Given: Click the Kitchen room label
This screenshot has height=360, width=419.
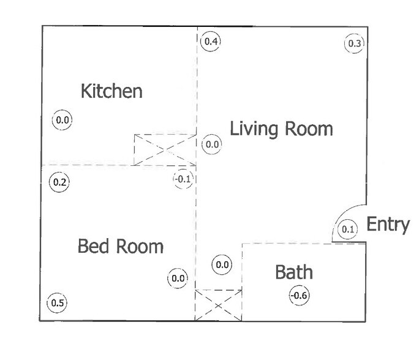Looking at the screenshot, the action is tap(111, 91).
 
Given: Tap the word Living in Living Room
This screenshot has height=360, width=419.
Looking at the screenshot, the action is tap(254, 130).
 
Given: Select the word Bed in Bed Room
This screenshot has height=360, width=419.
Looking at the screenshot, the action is tap(94, 246).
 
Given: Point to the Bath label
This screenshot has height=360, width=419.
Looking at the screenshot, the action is tap(294, 272).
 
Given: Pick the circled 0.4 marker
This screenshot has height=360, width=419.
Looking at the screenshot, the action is tap(211, 42).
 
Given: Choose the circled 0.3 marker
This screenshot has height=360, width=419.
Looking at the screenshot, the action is tap(354, 43).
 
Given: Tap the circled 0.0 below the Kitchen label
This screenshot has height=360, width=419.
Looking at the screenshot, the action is tap(62, 120).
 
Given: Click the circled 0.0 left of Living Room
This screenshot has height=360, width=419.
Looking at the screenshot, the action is tap(212, 144).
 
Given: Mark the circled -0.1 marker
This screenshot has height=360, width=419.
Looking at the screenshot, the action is tap(183, 179).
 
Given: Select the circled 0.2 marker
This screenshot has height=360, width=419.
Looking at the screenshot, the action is tap(59, 182).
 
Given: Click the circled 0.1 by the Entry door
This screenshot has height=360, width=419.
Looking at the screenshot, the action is tap(348, 230).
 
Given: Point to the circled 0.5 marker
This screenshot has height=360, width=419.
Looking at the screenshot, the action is tap(57, 303).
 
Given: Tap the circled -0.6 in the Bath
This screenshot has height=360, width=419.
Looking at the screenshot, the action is tap(300, 296).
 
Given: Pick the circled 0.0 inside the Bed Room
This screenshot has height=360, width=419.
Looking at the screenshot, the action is tap(178, 279).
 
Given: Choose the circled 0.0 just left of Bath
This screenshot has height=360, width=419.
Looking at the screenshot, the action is tap(222, 264).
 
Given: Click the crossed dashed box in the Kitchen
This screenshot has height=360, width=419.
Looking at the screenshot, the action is tap(165, 150).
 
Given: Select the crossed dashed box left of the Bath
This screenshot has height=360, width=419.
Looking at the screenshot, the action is tap(219, 306).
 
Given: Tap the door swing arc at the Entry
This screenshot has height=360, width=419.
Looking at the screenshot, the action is tap(341, 214).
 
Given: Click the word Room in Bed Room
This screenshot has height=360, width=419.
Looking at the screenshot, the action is tap(140, 246).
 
